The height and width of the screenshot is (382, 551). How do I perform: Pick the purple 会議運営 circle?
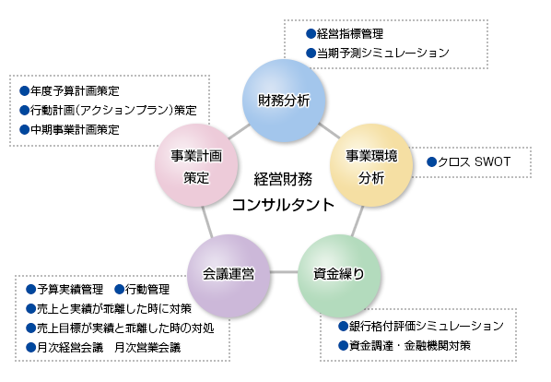228,274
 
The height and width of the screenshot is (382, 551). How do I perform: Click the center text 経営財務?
283,178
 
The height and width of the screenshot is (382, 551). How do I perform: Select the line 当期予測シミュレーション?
382,53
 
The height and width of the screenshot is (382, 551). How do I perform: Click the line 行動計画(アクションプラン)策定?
112,110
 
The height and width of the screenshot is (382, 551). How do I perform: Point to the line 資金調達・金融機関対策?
409,346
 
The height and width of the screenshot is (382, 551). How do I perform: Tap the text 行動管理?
147,290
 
